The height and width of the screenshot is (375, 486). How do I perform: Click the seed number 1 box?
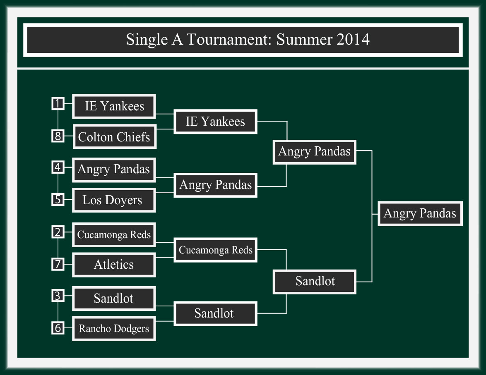click(x=58, y=104)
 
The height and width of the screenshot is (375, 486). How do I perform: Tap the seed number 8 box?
click(x=58, y=136)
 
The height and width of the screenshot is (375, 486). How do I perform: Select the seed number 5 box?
click(x=58, y=200)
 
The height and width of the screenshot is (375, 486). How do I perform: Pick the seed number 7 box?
click(x=58, y=264)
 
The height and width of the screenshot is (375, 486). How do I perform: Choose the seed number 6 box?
click(x=58, y=328)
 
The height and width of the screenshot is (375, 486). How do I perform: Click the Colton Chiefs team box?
click(x=114, y=136)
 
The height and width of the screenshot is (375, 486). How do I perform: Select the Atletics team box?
click(x=114, y=265)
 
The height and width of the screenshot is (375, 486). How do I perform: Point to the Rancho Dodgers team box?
click(x=114, y=329)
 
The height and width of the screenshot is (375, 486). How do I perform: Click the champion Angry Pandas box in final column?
click(x=420, y=213)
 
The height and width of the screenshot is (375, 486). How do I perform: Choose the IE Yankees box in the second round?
click(x=215, y=122)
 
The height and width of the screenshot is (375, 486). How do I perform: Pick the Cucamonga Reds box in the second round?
click(x=215, y=250)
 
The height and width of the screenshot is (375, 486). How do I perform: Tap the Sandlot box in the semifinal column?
click(x=315, y=281)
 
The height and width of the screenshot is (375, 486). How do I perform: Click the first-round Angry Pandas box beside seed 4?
click(x=114, y=170)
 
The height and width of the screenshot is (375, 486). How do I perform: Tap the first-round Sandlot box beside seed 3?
click(x=114, y=298)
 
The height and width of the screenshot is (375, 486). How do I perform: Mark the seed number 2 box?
click(x=58, y=232)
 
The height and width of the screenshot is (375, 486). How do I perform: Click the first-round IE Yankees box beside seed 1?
click(x=114, y=106)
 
